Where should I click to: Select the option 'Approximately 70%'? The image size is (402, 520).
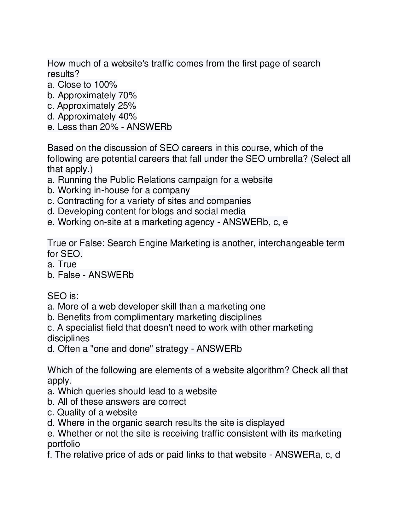[92, 95]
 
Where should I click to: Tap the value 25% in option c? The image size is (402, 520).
[127, 106]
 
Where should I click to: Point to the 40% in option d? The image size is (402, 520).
[128, 117]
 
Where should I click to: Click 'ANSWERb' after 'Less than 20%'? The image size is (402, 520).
[149, 127]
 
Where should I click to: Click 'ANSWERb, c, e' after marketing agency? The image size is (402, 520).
[255, 222]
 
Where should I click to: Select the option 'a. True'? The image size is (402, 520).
[62, 264]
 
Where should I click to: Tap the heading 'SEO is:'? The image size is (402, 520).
[63, 296]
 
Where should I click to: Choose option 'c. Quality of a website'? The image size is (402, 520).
[92, 412]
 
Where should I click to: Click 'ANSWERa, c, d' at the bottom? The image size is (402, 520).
[307, 455]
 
